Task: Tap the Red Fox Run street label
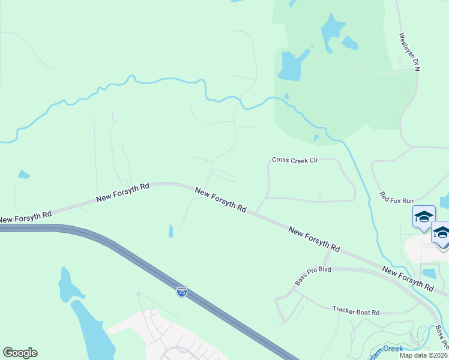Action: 397,197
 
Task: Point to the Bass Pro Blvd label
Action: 313,275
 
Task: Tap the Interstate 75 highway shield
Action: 181,292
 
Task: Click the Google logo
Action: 20,353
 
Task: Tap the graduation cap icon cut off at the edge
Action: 442,234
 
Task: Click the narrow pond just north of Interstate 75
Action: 170,231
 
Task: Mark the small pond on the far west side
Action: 23,175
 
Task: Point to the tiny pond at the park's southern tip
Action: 316,138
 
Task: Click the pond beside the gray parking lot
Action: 429,274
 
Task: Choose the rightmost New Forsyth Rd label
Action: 408,280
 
